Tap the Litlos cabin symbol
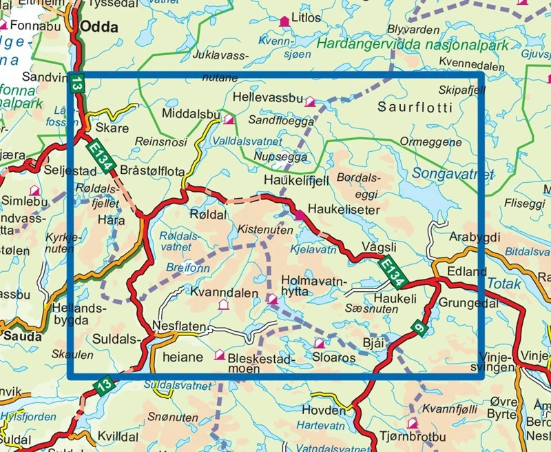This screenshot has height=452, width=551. point(283,21)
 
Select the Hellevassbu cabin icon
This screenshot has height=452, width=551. point(311,101)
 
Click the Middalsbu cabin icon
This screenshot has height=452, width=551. point(229,119)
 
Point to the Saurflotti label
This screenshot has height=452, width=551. point(415,108)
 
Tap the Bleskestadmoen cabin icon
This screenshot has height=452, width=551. point(220,355)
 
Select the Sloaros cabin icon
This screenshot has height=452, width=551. point(319,343)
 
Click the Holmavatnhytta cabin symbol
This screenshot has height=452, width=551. point(273,299)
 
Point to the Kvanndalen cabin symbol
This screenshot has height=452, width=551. point(222,304)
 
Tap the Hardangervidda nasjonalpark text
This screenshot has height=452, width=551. point(413,46)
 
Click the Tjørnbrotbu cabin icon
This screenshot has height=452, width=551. point(413,423)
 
